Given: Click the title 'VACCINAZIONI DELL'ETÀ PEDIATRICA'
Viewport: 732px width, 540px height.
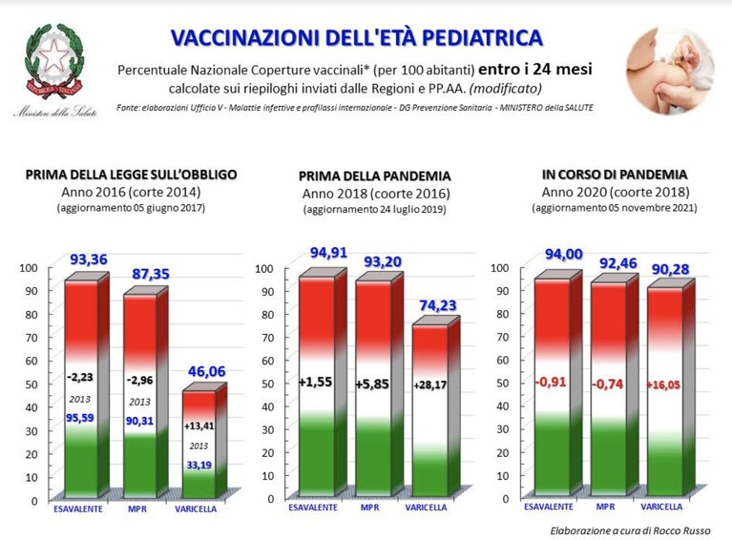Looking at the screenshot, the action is point(357,38).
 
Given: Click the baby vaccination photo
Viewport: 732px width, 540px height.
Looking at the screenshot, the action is point(670,70).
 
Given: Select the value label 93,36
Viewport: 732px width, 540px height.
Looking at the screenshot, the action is point(89,260).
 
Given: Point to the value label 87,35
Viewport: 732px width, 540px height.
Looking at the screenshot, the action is point(151,274).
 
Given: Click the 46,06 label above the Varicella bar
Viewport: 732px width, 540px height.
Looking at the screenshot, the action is point(207,371).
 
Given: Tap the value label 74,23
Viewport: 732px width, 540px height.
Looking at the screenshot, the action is point(437,305).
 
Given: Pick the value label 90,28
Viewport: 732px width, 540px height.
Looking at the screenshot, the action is point(670,269).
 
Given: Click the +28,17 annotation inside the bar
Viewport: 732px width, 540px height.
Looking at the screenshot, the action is point(430,385).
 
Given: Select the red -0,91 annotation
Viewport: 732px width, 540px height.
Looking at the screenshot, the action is point(551,382).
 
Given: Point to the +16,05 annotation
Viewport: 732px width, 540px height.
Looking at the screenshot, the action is point(663,385).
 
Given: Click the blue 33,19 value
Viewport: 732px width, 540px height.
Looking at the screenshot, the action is point(199,465).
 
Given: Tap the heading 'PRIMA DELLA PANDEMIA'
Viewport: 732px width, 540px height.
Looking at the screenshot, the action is point(374,176).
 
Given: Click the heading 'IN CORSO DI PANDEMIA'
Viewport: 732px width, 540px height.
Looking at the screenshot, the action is point(615,175).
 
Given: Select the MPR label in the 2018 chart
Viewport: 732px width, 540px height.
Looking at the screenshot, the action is point(369,508).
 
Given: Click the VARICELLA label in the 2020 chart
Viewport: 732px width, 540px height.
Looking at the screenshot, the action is point(661,507).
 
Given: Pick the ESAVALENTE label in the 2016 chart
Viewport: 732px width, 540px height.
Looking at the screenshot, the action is point(78,509).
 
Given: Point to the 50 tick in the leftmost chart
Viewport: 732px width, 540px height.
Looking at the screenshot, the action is point(31,384).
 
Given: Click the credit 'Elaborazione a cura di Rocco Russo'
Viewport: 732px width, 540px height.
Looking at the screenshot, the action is point(630,530).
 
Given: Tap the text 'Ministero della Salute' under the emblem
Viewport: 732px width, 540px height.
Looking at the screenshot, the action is point(55,112).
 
